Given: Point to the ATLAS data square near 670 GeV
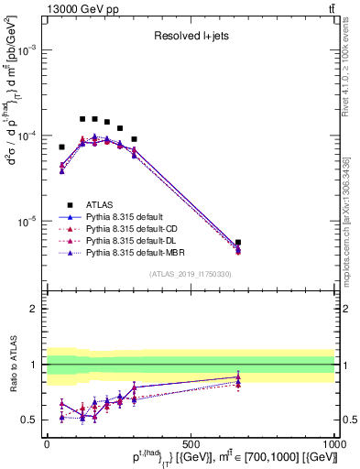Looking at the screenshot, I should click(x=238, y=243).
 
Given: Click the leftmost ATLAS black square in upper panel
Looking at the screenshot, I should click(x=62, y=147).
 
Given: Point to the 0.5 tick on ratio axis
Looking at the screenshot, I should click(x=30, y=420).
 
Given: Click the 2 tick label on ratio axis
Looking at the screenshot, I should click(x=34, y=309).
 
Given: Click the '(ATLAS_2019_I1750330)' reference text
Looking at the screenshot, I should click(x=190, y=273).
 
